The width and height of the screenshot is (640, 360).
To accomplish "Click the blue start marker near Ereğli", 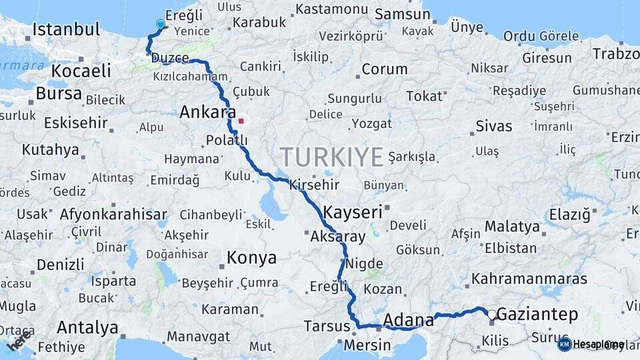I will click(x=160, y=25).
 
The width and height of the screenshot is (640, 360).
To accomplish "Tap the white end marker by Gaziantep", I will click(x=492, y=315).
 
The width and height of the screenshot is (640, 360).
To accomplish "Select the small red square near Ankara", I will click(x=241, y=121).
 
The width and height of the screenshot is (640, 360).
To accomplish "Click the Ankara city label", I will click(x=207, y=113).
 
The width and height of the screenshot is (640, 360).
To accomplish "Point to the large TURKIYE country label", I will click(x=331, y=157).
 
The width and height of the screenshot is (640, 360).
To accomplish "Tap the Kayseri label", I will click(x=353, y=213).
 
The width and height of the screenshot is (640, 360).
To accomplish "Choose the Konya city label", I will click(x=251, y=257).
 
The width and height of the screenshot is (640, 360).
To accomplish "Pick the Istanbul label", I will click(x=66, y=29).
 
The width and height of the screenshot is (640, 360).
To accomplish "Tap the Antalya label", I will click(x=87, y=327).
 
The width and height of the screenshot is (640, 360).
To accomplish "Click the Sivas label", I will click(x=494, y=126).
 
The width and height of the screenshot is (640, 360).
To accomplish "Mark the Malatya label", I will click(x=512, y=227).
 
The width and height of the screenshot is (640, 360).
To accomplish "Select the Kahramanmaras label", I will click(x=529, y=279).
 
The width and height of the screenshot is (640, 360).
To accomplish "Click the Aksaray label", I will click(x=338, y=237).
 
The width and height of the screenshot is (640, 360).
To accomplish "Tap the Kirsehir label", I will click(x=314, y=185).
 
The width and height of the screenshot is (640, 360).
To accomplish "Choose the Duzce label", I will click(x=170, y=58).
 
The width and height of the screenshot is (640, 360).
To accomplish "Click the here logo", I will click(x=18, y=344).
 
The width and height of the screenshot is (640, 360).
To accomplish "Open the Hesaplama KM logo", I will click(x=591, y=344).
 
